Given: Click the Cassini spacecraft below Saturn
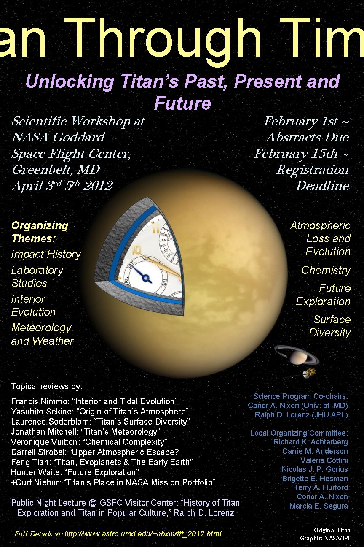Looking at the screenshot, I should click(310, 372).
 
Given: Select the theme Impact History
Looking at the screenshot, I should click(46, 254).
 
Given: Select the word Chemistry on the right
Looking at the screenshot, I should click(326, 270).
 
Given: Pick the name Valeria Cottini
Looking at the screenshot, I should click(324, 460).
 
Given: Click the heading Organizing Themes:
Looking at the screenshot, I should click(40, 232).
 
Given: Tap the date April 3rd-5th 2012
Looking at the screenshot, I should click(62, 186).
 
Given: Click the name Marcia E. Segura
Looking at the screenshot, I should click(318, 506).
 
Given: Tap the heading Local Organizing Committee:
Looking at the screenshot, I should click(299, 433).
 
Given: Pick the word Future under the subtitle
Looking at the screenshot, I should click(182, 103).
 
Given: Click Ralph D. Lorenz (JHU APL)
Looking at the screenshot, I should click(301, 415).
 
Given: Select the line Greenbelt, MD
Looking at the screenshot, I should click(56, 170).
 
